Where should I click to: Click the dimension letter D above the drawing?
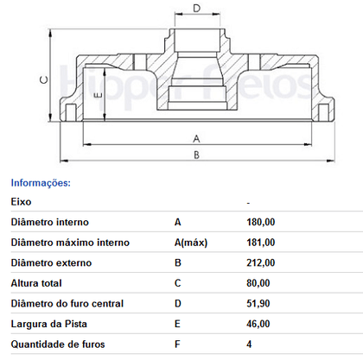pos(196,8)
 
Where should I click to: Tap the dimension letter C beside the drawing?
pos(44,79)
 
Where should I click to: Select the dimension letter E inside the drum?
pos(99,95)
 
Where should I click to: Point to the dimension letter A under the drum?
pos(196,139)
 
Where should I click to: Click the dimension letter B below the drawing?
pos(196,155)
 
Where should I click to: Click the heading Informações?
pos(41,183)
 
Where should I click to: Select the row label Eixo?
pos(21,202)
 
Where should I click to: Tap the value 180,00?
pos(261,222)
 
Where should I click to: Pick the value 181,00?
pos(261,243)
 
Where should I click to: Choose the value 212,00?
pos(261,262)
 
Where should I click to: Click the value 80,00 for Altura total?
pos(258,283)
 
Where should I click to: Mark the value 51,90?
pos(258,304)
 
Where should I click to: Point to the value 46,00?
pos(258,324)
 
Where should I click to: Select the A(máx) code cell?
pos(191,243)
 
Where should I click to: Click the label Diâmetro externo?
pos(51,262)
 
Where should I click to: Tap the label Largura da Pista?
pos(49,324)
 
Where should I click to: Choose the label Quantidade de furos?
pos(58,344)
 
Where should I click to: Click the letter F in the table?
pos(177,344)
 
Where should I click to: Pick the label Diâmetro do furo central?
pos(67,304)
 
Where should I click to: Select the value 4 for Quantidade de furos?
pos(249,344)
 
